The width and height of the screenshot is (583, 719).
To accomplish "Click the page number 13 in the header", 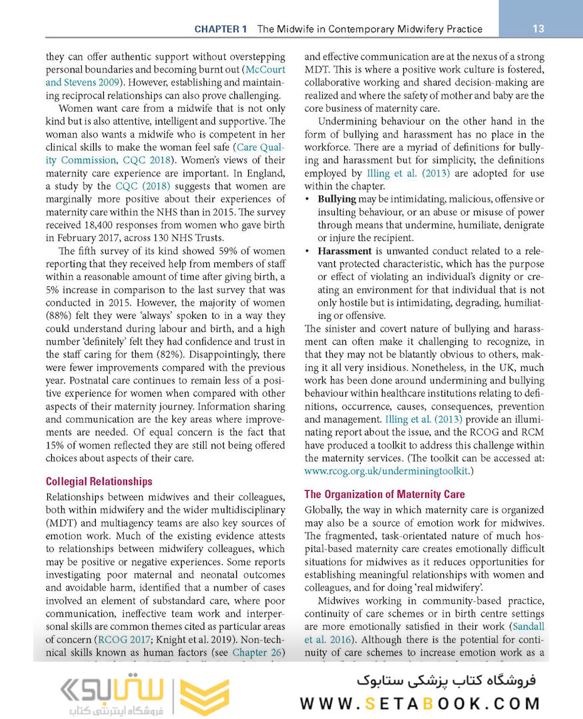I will click(x=539, y=29).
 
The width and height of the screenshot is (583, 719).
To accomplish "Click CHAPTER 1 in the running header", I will click(x=220, y=29).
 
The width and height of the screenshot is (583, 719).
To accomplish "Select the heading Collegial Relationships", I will click(x=98, y=481).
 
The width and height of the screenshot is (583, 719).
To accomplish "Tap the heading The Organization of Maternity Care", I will click(x=384, y=494).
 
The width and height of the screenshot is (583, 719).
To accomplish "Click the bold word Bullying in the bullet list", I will click(x=337, y=199).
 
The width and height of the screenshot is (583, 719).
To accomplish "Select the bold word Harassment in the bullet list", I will click(x=345, y=251).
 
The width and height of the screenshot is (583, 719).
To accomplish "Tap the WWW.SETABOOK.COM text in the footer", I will click(x=420, y=704).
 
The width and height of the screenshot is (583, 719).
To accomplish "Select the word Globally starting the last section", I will click(x=325, y=510).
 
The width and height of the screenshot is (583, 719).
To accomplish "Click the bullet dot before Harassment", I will click(x=307, y=252).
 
